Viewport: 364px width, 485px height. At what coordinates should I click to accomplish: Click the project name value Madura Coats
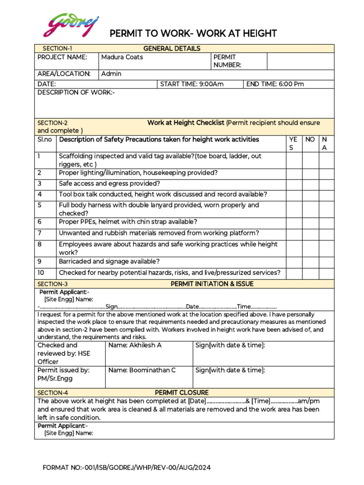(122, 57)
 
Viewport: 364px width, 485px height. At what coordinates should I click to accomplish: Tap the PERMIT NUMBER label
(227, 61)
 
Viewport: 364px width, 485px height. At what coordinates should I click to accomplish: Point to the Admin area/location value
(111, 74)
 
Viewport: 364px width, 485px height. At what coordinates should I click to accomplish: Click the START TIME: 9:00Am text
(192, 84)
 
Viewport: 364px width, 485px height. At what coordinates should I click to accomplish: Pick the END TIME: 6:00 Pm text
(275, 84)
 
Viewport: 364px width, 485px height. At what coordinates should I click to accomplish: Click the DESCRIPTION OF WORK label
(76, 92)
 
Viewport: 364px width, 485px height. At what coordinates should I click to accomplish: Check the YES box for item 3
(294, 184)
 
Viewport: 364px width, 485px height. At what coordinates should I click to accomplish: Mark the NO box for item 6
(310, 222)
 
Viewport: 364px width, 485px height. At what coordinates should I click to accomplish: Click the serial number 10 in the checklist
(41, 273)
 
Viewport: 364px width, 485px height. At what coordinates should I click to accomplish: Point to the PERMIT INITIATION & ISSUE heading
(212, 284)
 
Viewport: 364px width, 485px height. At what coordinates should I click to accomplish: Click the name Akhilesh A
(135, 345)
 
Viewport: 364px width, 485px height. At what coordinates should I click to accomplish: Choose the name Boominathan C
(142, 370)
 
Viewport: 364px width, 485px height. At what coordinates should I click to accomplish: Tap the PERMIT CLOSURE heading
(182, 393)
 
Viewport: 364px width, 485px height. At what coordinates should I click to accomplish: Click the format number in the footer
(127, 468)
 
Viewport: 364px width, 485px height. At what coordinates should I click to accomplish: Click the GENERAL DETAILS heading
(172, 48)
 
